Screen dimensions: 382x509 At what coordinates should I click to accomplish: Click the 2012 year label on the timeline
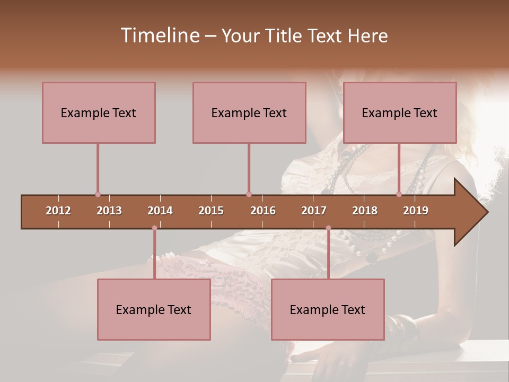click(x=58, y=211)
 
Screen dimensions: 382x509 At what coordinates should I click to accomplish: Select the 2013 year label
click(x=109, y=211)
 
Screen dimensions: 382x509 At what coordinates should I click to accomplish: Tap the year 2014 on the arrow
click(x=160, y=211)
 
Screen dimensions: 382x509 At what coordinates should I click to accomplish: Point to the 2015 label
click(x=211, y=211)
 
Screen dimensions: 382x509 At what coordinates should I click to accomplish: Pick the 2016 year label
click(x=263, y=211)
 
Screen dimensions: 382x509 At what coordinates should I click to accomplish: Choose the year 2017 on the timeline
click(x=314, y=211)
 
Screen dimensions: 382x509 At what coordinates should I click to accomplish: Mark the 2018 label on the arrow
click(x=365, y=211)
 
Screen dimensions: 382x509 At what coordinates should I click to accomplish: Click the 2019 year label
click(x=416, y=211)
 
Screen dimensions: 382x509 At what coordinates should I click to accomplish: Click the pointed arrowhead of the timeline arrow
click(x=475, y=212)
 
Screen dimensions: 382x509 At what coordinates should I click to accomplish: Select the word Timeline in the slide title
click(x=159, y=36)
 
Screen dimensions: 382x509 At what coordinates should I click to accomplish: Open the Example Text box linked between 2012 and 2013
click(x=99, y=112)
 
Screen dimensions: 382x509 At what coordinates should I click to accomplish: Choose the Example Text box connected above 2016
click(x=249, y=112)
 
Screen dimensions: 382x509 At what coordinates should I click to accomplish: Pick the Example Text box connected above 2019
click(x=400, y=112)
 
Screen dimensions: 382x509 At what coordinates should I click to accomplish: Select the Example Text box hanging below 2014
click(x=154, y=309)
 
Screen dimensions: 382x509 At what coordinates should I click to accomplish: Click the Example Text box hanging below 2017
click(x=328, y=309)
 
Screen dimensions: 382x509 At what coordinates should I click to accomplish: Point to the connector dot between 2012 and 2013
click(x=98, y=195)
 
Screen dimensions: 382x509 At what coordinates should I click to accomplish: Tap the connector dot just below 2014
click(x=154, y=228)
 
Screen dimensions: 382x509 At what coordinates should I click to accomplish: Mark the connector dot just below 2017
click(x=328, y=228)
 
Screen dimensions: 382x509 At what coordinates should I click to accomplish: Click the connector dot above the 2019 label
click(x=399, y=195)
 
